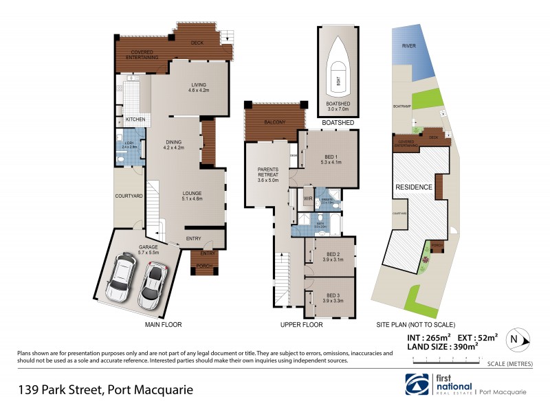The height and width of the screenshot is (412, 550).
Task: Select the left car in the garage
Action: [121, 277]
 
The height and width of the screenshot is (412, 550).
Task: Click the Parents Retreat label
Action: [267, 174]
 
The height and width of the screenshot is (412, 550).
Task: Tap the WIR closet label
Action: [308, 199]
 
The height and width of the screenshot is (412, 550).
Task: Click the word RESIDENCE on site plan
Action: [413, 187]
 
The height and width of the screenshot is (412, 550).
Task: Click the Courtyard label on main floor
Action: [129, 196]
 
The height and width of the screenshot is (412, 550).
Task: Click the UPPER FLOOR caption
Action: [301, 324]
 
